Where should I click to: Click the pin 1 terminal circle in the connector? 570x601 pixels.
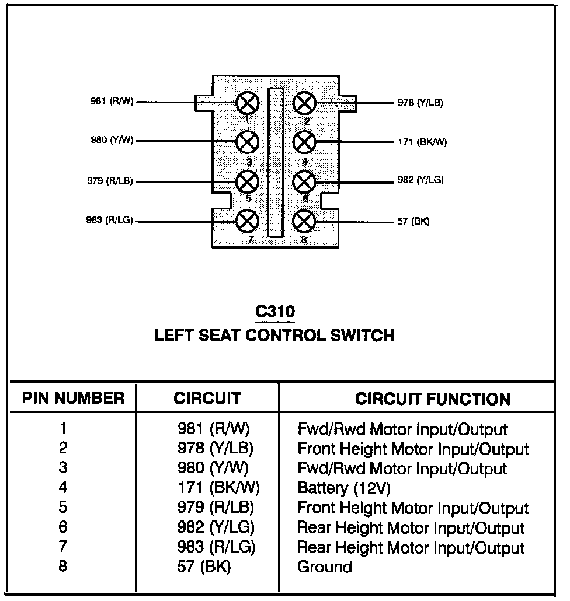(x=248, y=104)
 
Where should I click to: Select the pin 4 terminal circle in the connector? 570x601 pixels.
(x=304, y=141)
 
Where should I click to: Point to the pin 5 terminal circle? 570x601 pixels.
(x=248, y=181)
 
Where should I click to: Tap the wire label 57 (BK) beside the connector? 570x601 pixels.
(x=413, y=222)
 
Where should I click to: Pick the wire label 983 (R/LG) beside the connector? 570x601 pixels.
(x=109, y=220)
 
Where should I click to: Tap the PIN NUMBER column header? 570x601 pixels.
(x=73, y=399)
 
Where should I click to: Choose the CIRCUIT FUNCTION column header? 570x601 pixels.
(x=433, y=399)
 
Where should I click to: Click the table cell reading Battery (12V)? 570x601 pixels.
(x=344, y=488)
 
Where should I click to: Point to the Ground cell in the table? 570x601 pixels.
(x=325, y=567)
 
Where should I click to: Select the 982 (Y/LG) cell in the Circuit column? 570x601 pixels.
(x=216, y=527)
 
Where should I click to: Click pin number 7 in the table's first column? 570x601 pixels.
(x=63, y=547)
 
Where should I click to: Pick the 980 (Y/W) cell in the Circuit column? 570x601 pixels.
(x=213, y=468)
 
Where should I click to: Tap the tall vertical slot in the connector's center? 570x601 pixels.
(x=275, y=162)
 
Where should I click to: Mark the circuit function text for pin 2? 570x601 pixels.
(x=413, y=449)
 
